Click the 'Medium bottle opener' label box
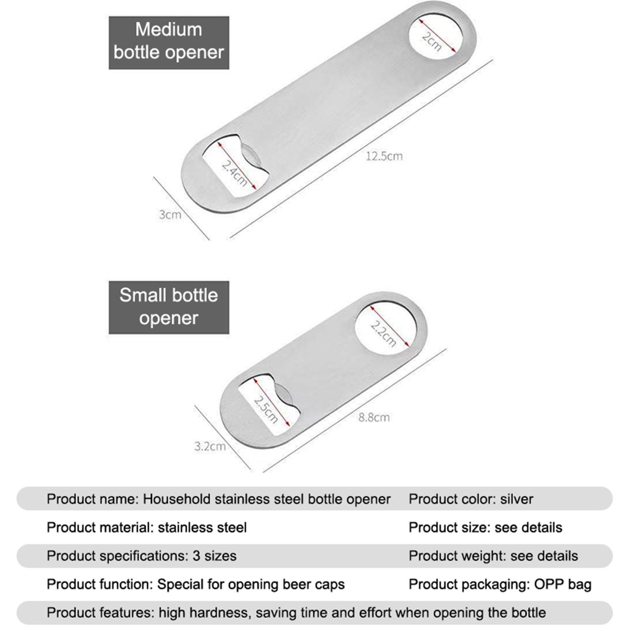[x=169, y=43]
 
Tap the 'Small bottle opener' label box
[x=169, y=307]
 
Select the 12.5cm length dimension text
[x=384, y=156]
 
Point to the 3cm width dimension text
[x=170, y=215]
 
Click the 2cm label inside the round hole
[x=431, y=41]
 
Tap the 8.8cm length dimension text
[x=374, y=417]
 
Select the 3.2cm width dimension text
[x=210, y=446]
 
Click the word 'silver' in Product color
[x=517, y=499]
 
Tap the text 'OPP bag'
[x=563, y=584]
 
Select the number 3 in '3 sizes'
[x=196, y=556]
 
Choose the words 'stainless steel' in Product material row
[x=202, y=528]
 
